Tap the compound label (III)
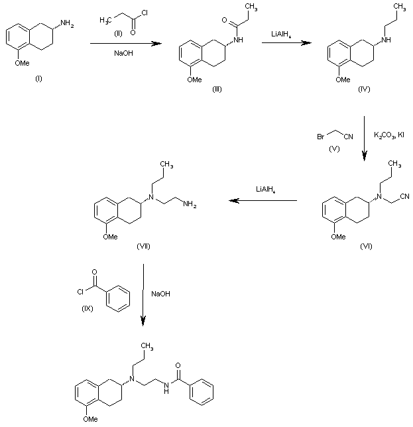(x=217, y=89)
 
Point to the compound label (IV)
(x=363, y=89)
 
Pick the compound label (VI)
(x=366, y=245)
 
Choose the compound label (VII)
(x=143, y=246)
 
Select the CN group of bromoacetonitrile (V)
(x=349, y=136)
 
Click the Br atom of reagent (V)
(x=321, y=136)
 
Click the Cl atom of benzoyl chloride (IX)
(x=80, y=289)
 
